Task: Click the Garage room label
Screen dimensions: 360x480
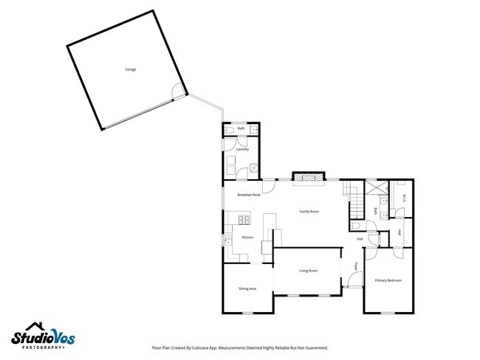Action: click(130, 69)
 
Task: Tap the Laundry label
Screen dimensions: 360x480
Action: click(241, 150)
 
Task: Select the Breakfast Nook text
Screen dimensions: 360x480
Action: click(249, 195)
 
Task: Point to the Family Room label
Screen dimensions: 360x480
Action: click(309, 212)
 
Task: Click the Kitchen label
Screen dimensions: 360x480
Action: click(247, 238)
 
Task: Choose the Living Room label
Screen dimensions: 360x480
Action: click(308, 271)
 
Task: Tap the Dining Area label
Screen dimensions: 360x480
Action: click(247, 288)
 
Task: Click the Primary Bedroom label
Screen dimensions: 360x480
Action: click(388, 280)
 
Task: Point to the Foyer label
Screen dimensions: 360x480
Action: click(356, 266)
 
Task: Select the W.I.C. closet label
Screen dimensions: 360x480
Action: click(405, 197)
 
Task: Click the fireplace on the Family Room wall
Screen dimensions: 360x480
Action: click(308, 177)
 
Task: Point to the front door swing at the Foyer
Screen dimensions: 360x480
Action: click(354, 280)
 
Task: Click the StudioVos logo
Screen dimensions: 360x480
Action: click(42, 336)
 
